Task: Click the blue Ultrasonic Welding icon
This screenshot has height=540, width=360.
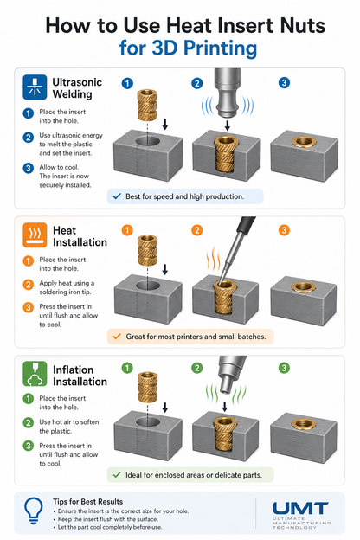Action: pos(35,87)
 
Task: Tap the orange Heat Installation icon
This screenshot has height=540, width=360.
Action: pos(35,235)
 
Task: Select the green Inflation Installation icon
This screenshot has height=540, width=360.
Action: pos(35,374)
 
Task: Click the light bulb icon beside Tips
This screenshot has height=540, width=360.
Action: pos(34,511)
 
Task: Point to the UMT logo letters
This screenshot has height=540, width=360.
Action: pos(300,508)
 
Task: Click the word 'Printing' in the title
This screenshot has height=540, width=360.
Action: pos(220,48)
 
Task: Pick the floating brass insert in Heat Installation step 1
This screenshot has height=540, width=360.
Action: pos(147,251)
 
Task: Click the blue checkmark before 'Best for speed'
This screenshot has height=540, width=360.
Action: pos(117,196)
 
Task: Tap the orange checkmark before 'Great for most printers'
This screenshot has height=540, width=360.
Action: pos(117,336)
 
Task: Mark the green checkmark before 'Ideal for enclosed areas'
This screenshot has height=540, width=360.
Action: pos(117,474)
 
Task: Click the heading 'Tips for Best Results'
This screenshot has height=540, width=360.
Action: pos(88,501)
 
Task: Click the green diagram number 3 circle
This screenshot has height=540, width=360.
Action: pos(284,368)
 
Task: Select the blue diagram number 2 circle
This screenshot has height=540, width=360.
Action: pos(197,83)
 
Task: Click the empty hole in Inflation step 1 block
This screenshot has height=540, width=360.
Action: pos(147,422)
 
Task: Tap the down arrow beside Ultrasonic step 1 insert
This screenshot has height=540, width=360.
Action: pos(165,125)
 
